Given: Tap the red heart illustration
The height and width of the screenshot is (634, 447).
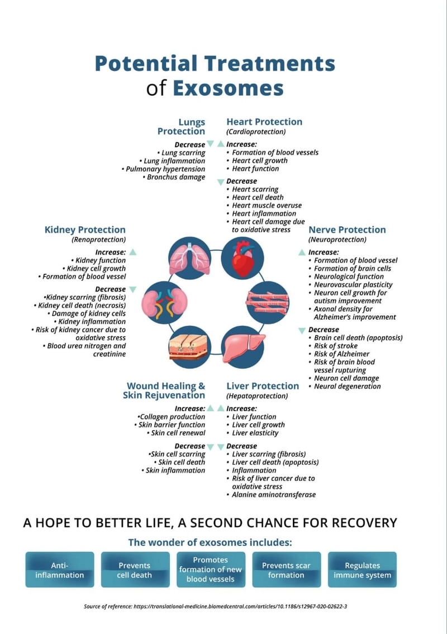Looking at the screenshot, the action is tap(242, 258).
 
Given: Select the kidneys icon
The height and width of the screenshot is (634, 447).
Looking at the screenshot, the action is tap(164, 302).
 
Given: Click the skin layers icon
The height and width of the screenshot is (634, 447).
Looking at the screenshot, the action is tap(190, 347).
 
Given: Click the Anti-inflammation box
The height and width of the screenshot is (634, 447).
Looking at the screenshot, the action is tap(60, 570).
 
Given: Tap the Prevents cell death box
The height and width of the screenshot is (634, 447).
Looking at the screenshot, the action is tap(135, 570).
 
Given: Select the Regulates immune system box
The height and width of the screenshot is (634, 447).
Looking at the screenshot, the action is tap(363, 570).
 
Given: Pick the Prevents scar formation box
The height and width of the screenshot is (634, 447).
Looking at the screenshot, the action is tap(287, 570).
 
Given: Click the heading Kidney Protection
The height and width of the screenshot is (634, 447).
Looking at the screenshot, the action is tap(85, 230).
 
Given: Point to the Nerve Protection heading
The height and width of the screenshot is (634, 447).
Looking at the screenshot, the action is tap(347, 230).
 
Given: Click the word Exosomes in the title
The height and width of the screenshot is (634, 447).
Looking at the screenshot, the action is tap(228, 88).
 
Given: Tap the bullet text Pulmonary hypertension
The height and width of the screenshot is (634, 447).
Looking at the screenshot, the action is tap(165, 169).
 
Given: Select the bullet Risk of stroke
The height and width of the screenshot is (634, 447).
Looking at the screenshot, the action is tap(336, 346).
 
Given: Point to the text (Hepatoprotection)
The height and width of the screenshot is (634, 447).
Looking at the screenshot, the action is tap(257, 396).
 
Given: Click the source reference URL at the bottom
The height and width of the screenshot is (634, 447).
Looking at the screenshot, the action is tap(240, 607).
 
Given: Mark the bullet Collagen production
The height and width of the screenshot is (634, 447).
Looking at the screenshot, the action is tap(172, 417).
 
